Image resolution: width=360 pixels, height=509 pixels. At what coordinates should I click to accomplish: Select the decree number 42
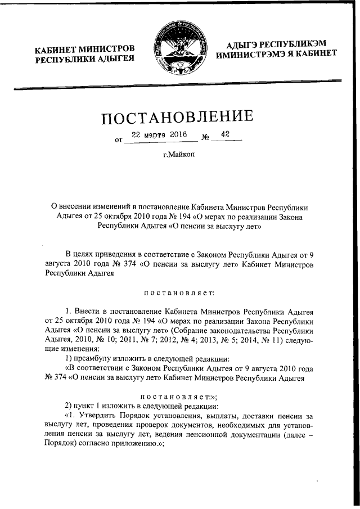click(226, 135)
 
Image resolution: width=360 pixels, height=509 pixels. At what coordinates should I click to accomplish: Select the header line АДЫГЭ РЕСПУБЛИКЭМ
click(276, 44)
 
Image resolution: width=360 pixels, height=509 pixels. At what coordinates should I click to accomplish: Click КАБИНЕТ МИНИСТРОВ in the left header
click(84, 49)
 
